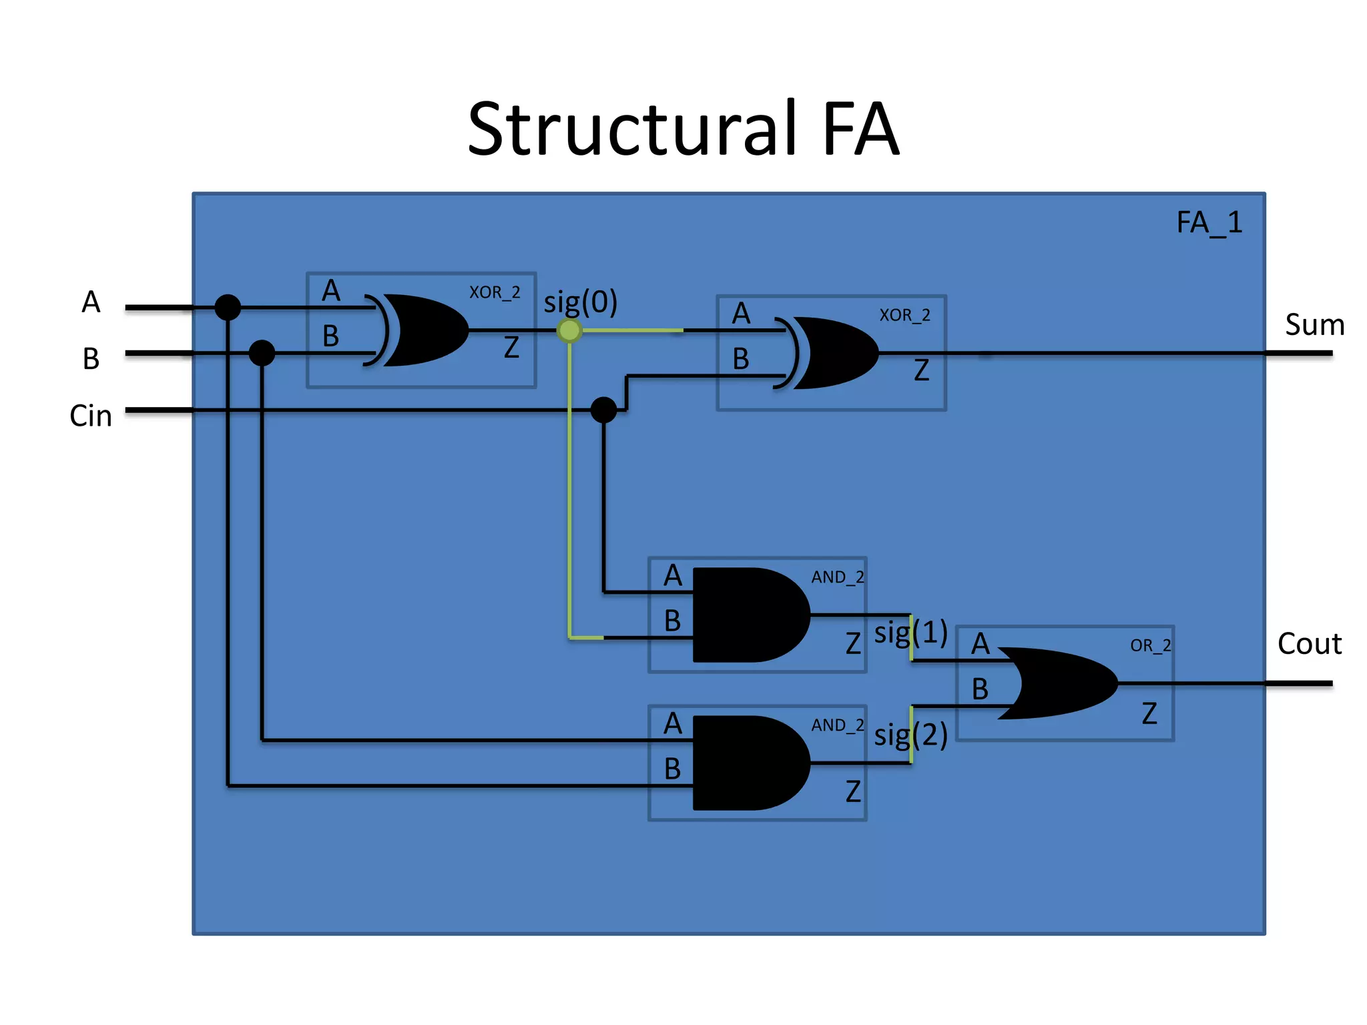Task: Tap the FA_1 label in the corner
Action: (x=1209, y=223)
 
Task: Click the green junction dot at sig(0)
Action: (x=569, y=330)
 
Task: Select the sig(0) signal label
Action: (x=580, y=303)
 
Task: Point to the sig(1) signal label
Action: (x=911, y=633)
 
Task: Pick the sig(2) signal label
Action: (x=911, y=735)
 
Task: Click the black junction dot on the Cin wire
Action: (x=604, y=410)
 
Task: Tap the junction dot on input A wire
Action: (x=228, y=308)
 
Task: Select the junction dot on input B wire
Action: (x=262, y=353)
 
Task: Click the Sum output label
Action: (x=1314, y=325)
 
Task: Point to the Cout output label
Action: (x=1309, y=644)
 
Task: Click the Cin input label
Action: (x=91, y=416)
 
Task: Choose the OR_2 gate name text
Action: (x=1150, y=645)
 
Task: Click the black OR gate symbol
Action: (x=1061, y=683)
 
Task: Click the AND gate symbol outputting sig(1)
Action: (x=748, y=615)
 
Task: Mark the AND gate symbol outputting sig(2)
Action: (x=748, y=763)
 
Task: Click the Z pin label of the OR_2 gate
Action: (x=1149, y=713)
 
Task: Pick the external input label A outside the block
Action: (x=91, y=302)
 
